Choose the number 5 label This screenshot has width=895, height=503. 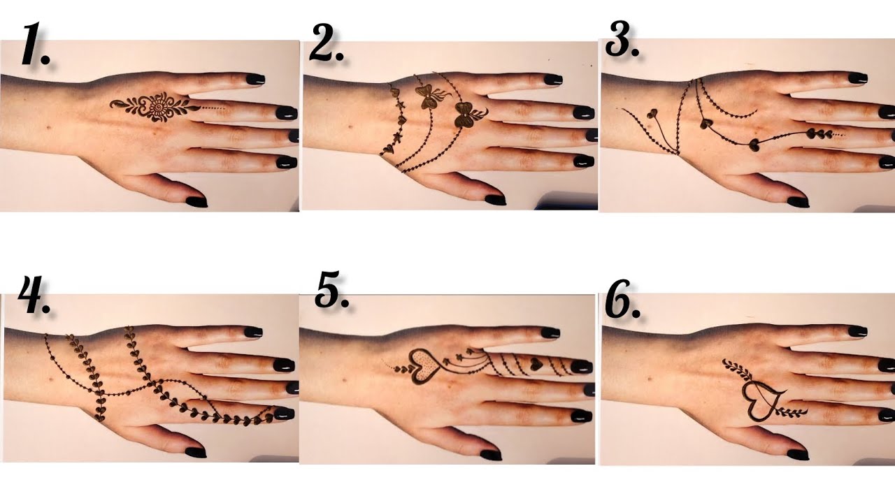click(331, 292)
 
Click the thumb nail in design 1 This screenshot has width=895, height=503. click(196, 202)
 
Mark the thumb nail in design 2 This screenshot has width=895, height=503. click(495, 200)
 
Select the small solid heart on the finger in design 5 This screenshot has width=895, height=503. click(535, 363)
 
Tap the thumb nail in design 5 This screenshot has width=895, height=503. click(492, 455)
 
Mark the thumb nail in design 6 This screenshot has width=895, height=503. click(798, 454)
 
